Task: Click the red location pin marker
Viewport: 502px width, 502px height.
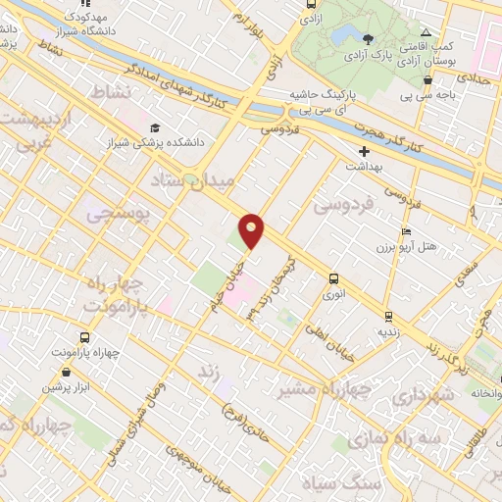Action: coord(253,229)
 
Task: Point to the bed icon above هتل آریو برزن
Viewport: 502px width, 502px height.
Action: coord(406,232)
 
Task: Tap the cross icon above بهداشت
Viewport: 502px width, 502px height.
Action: coord(364,151)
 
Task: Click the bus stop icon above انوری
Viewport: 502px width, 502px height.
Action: coord(334,277)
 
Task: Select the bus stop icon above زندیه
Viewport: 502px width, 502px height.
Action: coord(389,316)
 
